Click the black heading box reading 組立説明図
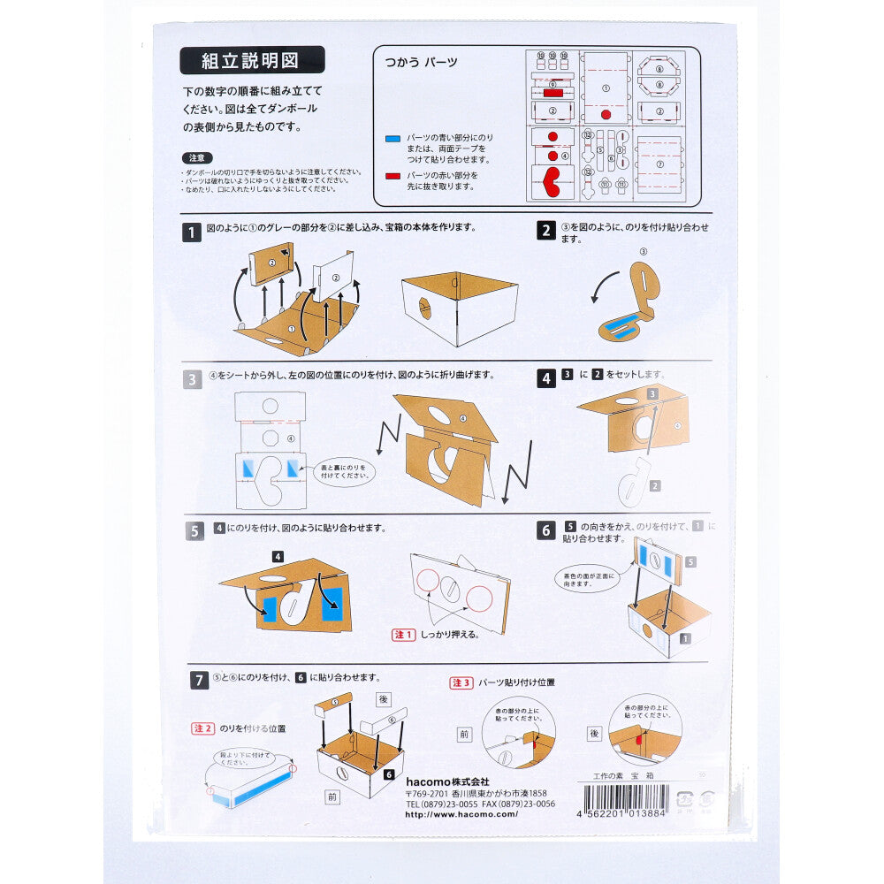pyautogui.click(x=252, y=60)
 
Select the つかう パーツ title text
pyautogui.click(x=421, y=63)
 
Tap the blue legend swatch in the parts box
pyautogui.click(x=393, y=139)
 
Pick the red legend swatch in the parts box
pyautogui.click(x=393, y=176)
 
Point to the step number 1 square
pyautogui.click(x=192, y=232)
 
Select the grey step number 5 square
pyautogui.click(x=194, y=531)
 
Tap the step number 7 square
pyautogui.click(x=201, y=680)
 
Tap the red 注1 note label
pyautogui.click(x=403, y=635)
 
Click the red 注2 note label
pyautogui.click(x=202, y=728)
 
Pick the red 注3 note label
pyautogui.click(x=461, y=682)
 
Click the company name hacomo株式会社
pyautogui.click(x=447, y=782)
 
